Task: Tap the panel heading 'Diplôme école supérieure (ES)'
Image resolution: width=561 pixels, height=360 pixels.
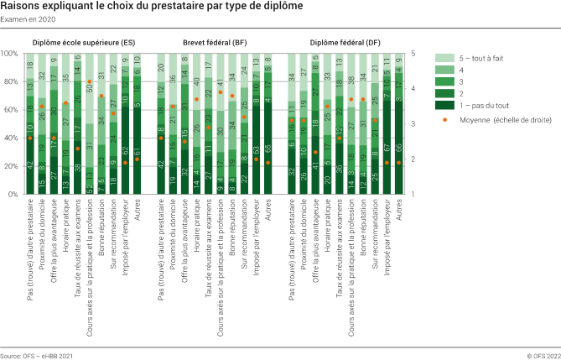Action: tap(84, 41)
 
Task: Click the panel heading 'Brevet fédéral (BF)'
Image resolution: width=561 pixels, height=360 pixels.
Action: tap(215, 41)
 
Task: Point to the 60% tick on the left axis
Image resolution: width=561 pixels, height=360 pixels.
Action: tap(12, 110)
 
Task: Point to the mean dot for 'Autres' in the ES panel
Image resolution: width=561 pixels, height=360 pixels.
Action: tap(138, 159)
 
